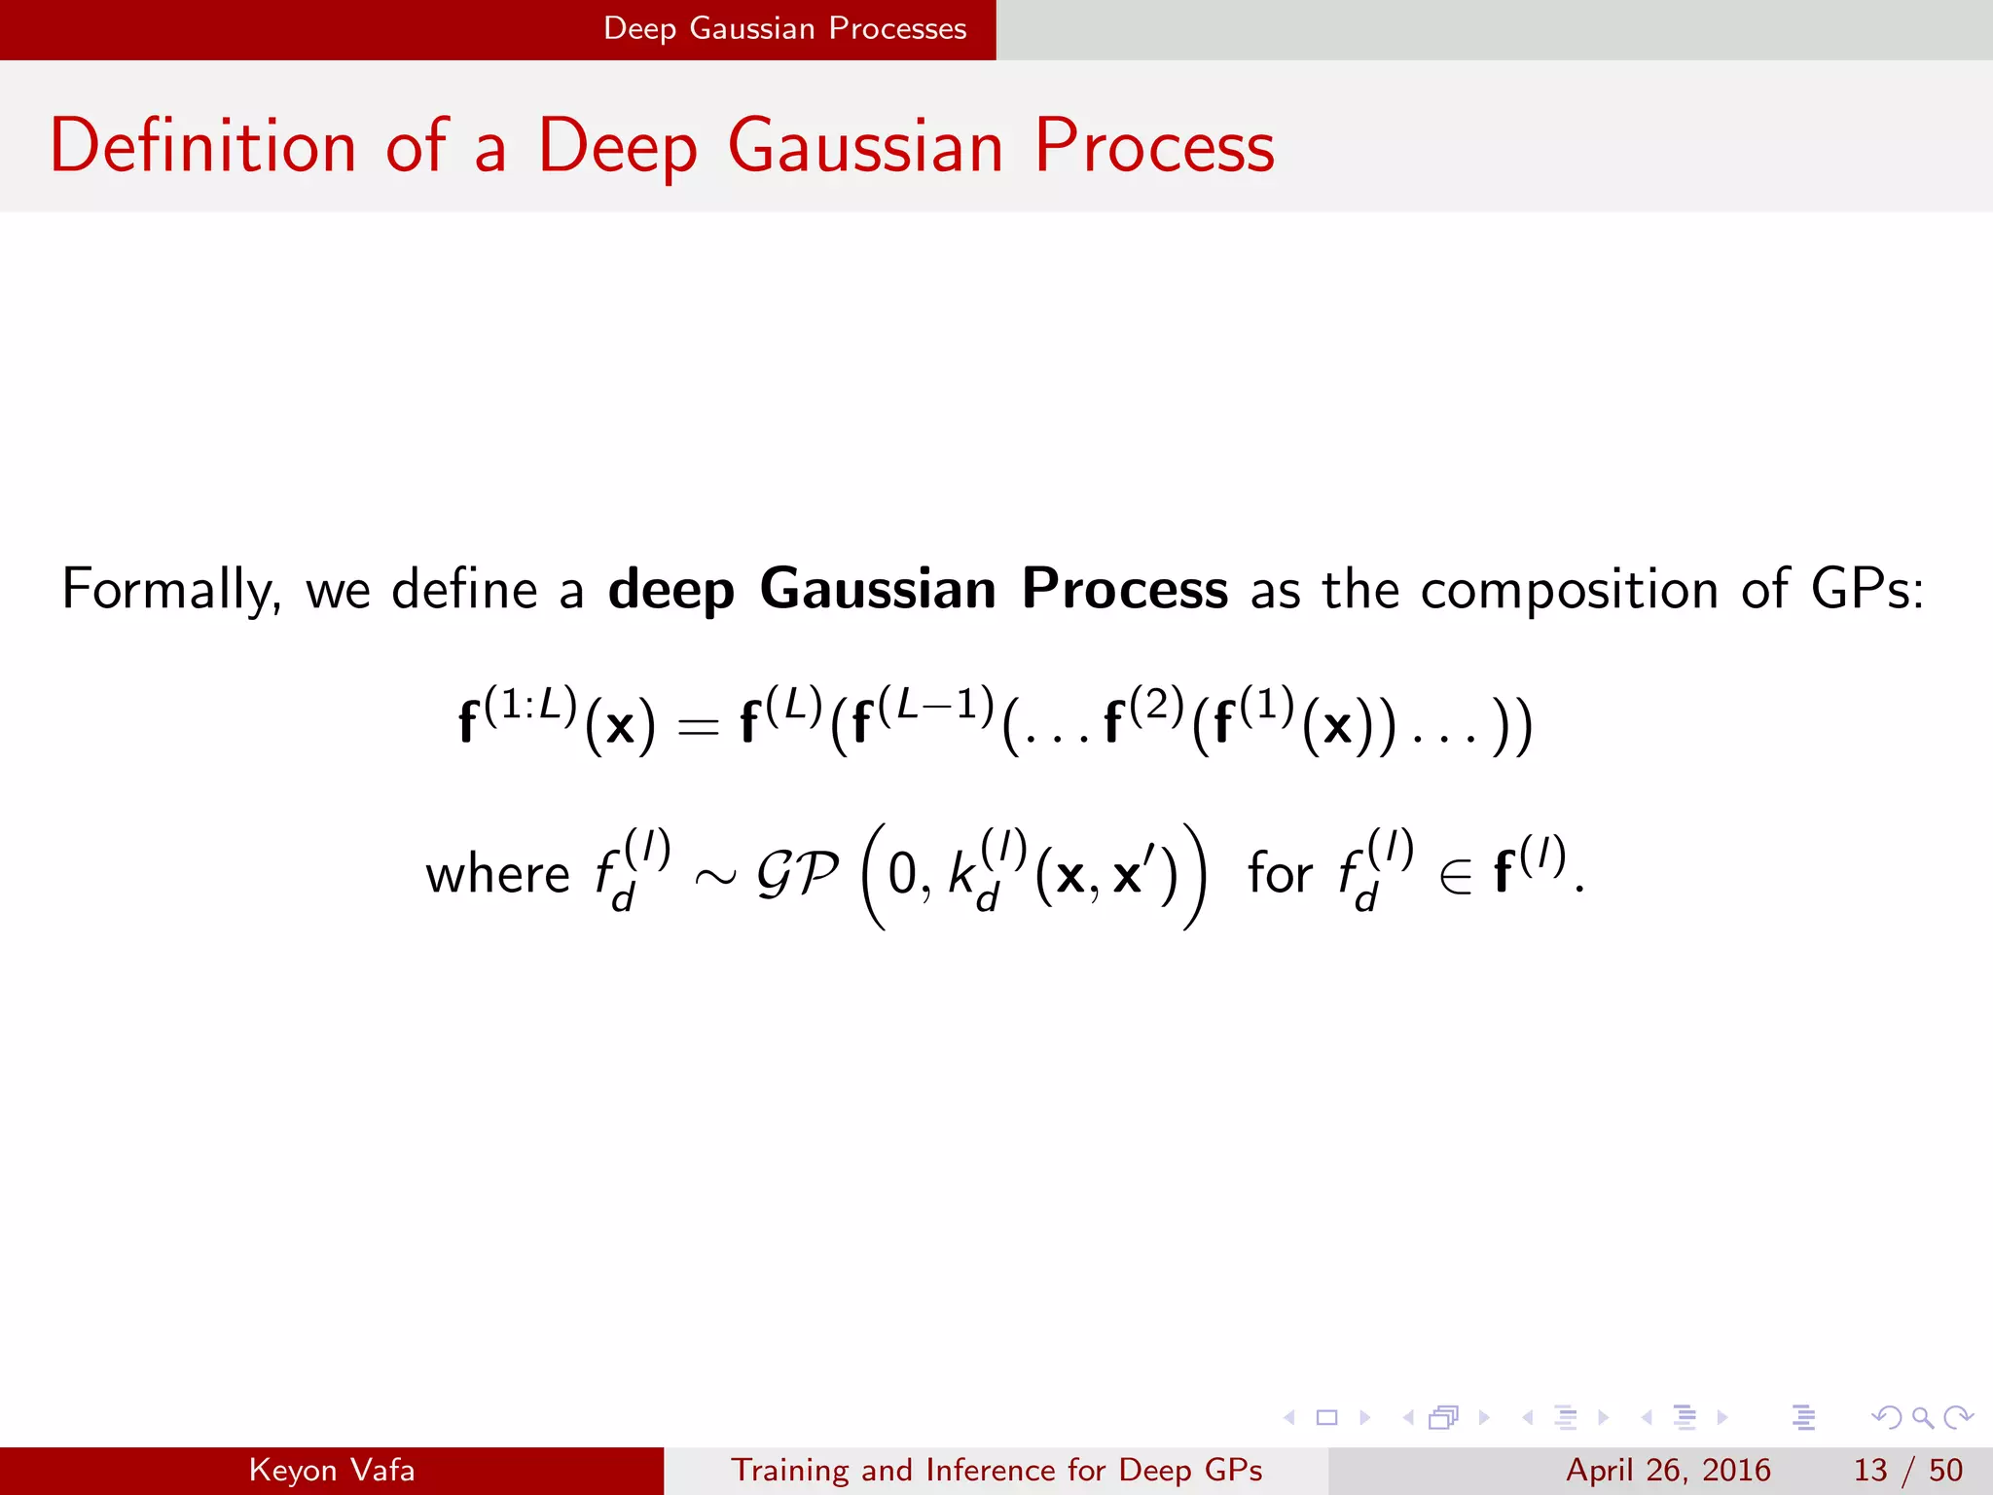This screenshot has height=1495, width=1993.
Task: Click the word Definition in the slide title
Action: [x=202, y=146]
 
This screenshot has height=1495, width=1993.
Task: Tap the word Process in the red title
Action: [x=1153, y=146]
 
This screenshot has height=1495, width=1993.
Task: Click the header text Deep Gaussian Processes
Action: [x=784, y=28]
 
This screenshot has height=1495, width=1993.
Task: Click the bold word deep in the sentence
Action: [x=670, y=590]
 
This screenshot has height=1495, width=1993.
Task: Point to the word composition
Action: [x=1569, y=590]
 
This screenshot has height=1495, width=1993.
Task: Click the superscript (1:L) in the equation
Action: [x=530, y=705]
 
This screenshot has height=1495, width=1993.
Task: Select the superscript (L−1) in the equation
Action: [x=936, y=705]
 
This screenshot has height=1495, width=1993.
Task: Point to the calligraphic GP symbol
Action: [x=797, y=874]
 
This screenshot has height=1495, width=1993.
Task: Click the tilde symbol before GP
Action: [x=715, y=877]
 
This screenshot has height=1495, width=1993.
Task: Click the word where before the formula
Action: [x=497, y=874]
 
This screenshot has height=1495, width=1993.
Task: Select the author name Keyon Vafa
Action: [x=331, y=1470]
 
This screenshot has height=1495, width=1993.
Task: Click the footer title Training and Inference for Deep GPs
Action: [x=996, y=1470]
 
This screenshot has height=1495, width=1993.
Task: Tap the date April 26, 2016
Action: [x=1668, y=1470]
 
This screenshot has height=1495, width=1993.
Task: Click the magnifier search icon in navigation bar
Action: [x=1922, y=1417]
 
